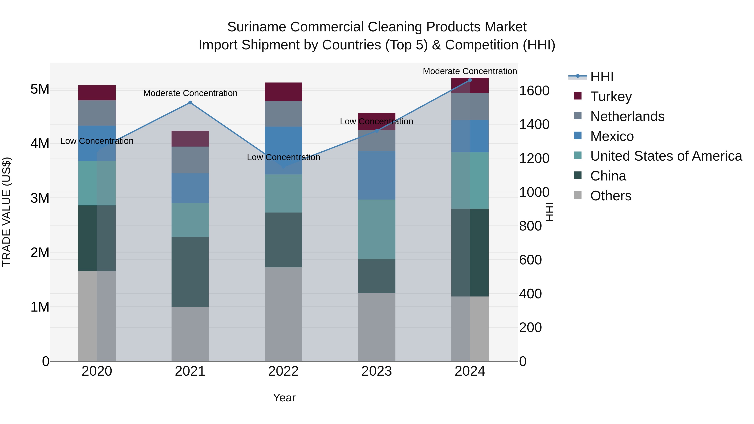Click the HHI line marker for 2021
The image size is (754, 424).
click(190, 102)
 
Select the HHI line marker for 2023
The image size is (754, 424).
click(377, 131)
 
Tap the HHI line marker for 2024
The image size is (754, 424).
click(470, 80)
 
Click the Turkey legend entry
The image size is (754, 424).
click(611, 97)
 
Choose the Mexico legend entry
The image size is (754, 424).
click(612, 136)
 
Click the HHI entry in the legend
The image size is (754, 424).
click(602, 77)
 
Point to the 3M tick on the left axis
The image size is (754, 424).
click(40, 198)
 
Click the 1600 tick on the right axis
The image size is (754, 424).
click(534, 91)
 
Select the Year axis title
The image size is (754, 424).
click(284, 398)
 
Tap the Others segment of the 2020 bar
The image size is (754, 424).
click(97, 316)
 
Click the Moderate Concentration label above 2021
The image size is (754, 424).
click(190, 93)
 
